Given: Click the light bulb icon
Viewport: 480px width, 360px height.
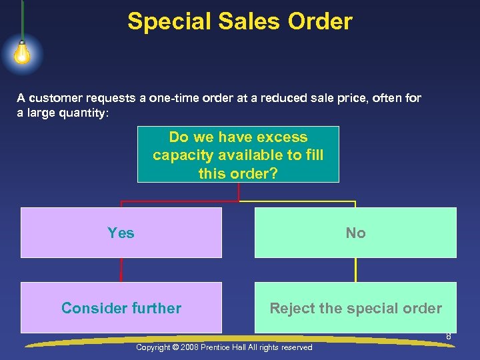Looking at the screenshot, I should click(22, 53).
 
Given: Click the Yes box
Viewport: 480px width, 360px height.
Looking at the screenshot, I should click(121, 233).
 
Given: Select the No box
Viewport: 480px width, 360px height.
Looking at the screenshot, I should click(355, 233).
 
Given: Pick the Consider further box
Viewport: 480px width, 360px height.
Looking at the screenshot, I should click(121, 308).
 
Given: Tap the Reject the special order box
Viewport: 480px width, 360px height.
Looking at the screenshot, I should click(355, 308).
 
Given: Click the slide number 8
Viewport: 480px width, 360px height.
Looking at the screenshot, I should click(449, 337).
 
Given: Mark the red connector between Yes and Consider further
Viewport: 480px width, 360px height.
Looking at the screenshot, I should click(121, 270).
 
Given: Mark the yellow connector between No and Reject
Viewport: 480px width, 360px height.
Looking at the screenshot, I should click(355, 270).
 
